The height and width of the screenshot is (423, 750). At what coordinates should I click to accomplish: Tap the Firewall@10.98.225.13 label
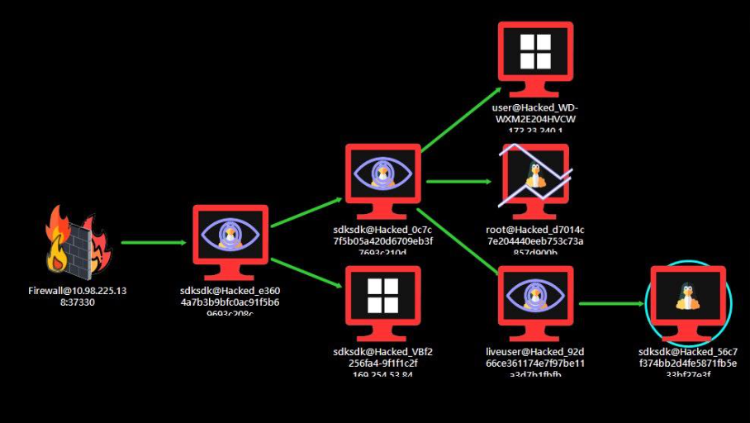click(82, 297)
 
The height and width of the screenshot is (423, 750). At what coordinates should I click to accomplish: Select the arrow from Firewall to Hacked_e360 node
click(154, 243)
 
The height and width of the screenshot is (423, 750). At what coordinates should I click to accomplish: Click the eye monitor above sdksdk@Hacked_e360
click(230, 239)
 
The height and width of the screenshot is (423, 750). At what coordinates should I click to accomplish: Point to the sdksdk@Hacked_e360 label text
click(235, 302)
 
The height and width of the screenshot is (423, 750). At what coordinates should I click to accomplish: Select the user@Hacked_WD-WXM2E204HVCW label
click(535, 118)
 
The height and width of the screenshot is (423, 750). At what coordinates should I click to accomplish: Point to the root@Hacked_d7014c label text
click(535, 240)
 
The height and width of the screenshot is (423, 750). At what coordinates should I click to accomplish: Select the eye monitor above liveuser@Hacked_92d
click(535, 299)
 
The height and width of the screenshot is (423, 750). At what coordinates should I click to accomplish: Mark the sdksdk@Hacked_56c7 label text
click(688, 363)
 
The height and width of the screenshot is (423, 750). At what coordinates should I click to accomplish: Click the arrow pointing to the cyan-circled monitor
click(611, 303)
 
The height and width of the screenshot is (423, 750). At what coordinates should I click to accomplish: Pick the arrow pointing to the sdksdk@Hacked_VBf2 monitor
click(306, 273)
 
